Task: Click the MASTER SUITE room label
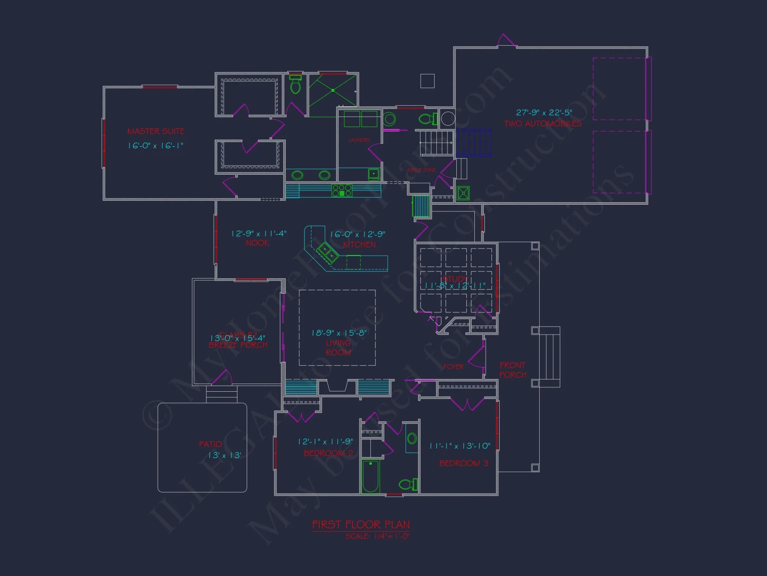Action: pyautogui.click(x=156, y=131)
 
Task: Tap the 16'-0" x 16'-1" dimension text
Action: pyautogui.click(x=156, y=146)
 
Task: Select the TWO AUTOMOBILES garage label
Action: pyautogui.click(x=543, y=124)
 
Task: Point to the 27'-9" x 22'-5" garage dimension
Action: pyautogui.click(x=544, y=113)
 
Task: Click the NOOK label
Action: pyautogui.click(x=257, y=243)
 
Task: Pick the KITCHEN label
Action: pyautogui.click(x=359, y=245)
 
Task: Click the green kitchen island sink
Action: pyautogui.click(x=327, y=252)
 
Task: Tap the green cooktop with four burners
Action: pyautogui.click(x=342, y=190)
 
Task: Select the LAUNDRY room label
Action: pyautogui.click(x=359, y=140)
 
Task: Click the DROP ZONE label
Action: pyautogui.click(x=421, y=170)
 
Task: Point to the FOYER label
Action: pyautogui.click(x=453, y=367)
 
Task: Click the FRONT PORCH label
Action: pyautogui.click(x=513, y=370)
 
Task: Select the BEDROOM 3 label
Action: pyautogui.click(x=464, y=463)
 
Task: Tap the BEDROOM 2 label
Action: pyautogui.click(x=328, y=454)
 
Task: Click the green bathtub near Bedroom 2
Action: pyautogui.click(x=370, y=476)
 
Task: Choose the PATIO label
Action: pyautogui.click(x=210, y=444)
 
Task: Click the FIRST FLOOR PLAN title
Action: pyautogui.click(x=361, y=525)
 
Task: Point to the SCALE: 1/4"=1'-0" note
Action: pyautogui.click(x=377, y=536)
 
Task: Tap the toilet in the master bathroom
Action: pyautogui.click(x=295, y=85)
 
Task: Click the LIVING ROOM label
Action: pyautogui.click(x=338, y=348)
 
